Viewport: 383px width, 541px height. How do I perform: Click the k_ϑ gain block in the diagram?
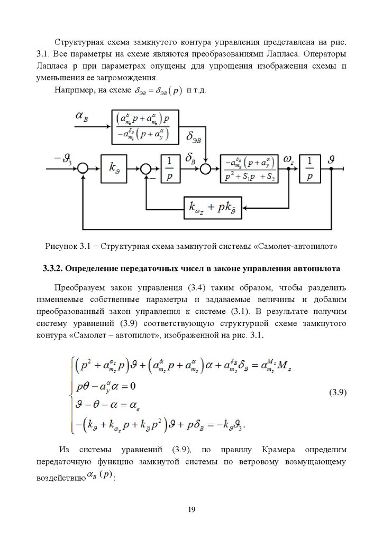click(x=114, y=169)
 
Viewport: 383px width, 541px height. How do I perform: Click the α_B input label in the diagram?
click(x=82, y=117)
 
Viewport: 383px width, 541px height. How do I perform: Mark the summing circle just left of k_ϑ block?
click(x=83, y=169)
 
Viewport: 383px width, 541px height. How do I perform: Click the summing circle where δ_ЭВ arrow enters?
click(x=206, y=169)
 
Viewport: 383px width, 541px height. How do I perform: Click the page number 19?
click(x=191, y=509)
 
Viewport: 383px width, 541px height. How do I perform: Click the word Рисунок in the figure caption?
click(x=59, y=246)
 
